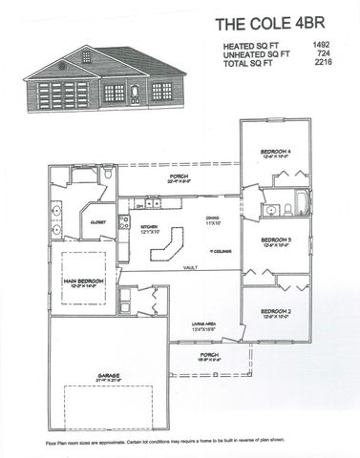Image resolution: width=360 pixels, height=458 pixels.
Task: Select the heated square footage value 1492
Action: (x=321, y=45)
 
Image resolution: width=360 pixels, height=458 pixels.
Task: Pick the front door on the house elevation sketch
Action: (x=136, y=94)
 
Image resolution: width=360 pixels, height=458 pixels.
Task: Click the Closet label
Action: (x=98, y=221)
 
